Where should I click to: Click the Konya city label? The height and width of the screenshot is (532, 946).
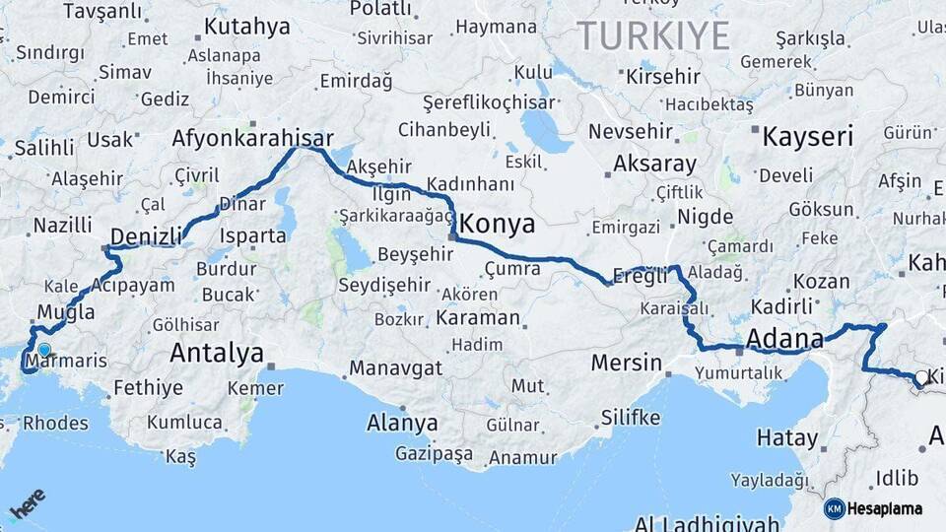click(x=498, y=223)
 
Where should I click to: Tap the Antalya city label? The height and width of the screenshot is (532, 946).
click(x=217, y=353)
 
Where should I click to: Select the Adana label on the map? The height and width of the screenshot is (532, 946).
click(x=784, y=340)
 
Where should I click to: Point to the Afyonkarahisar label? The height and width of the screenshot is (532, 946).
click(x=253, y=139)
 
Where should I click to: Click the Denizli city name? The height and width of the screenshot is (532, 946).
click(x=146, y=236)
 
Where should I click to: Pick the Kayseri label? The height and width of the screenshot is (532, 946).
click(x=807, y=136)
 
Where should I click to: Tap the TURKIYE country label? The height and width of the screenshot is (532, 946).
click(x=653, y=36)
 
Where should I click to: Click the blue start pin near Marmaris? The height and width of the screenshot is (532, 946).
click(x=43, y=350)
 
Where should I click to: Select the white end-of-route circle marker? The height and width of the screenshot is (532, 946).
click(x=920, y=377)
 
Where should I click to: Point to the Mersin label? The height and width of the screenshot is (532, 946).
click(x=627, y=363)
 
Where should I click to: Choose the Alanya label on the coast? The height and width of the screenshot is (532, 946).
click(x=402, y=424)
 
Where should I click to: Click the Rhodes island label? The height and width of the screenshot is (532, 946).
click(x=54, y=423)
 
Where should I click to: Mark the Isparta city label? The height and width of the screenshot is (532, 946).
click(x=253, y=236)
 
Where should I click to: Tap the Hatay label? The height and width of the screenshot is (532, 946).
click(x=787, y=437)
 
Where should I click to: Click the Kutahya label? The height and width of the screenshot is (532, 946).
click(x=247, y=27)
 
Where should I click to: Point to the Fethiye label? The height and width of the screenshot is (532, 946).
click(x=148, y=387)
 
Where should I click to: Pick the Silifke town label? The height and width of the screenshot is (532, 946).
click(x=630, y=417)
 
